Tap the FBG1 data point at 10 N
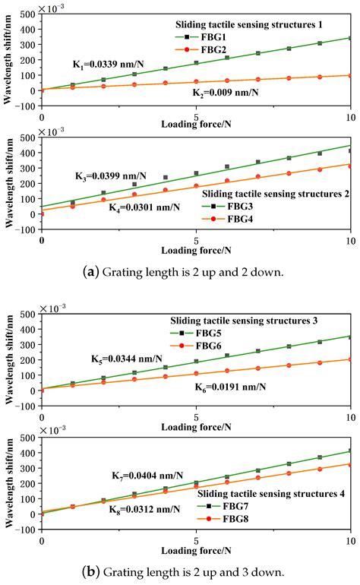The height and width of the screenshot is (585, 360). coord(351,38)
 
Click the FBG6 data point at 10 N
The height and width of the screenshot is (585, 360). coord(351,359)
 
